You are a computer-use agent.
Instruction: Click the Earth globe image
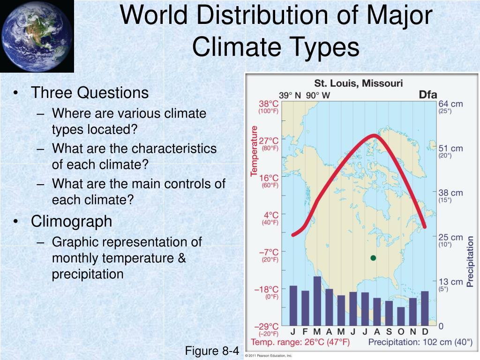[x=37, y=36]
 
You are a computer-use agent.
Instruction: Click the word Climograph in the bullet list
[x=71, y=221]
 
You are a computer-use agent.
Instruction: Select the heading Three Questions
[x=90, y=93]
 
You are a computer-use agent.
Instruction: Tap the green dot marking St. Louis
[x=373, y=258]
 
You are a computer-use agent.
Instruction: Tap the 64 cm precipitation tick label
[x=450, y=104]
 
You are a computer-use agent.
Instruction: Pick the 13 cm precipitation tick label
[x=450, y=281]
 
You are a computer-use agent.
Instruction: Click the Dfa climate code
[x=427, y=94]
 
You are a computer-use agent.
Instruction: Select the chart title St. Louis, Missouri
[x=358, y=83]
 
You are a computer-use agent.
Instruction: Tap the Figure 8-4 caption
[x=212, y=351]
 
